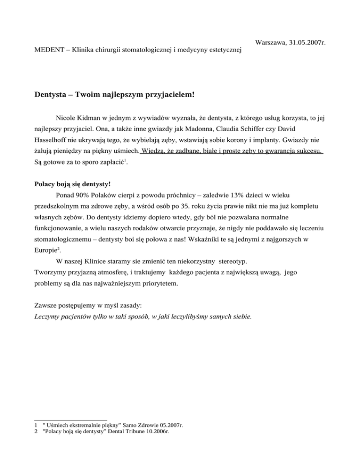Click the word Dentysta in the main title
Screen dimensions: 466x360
pyautogui.click(x=52, y=94)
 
